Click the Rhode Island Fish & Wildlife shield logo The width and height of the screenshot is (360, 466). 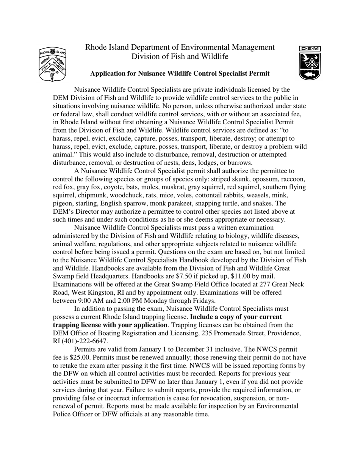[x=52, y=64]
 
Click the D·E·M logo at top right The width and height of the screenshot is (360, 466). [x=310, y=63]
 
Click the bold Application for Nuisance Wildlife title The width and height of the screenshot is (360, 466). [x=180, y=73]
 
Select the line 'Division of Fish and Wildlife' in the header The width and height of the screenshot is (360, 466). [x=180, y=57]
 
